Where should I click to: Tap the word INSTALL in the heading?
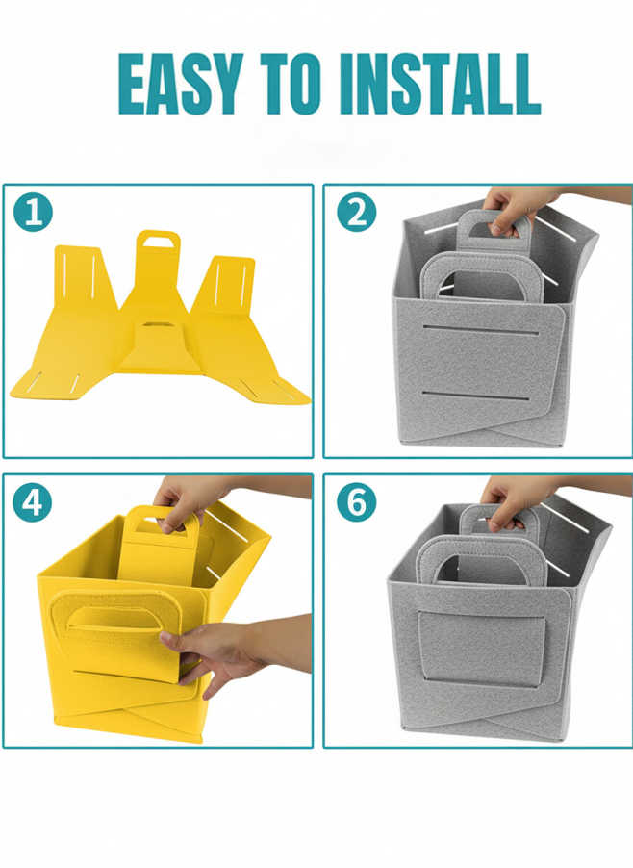(441, 84)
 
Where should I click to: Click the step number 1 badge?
(33, 212)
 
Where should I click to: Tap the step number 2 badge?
(356, 212)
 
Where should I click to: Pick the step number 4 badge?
(33, 502)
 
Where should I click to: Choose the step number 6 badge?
(356, 502)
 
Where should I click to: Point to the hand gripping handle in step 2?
(513, 209)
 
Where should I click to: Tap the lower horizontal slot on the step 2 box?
(475, 396)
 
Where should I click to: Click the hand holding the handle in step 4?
(186, 501)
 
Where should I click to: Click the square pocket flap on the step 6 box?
(481, 649)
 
